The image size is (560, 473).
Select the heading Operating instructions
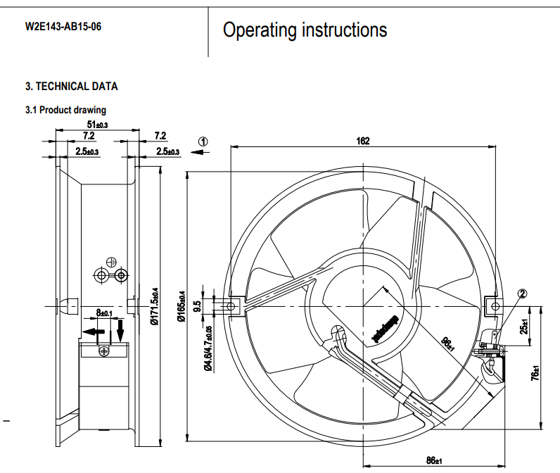click(x=305, y=30)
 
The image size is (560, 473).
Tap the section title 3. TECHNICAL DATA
click(x=72, y=87)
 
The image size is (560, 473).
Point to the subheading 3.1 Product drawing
click(x=66, y=110)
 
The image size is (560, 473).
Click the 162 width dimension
click(x=362, y=141)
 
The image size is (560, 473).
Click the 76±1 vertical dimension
click(x=536, y=374)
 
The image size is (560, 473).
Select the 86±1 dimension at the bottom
click(x=434, y=461)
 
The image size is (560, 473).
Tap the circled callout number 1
click(x=203, y=141)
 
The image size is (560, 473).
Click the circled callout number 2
click(x=523, y=294)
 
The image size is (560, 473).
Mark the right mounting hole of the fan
click(x=495, y=306)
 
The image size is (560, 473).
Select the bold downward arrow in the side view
click(x=120, y=329)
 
